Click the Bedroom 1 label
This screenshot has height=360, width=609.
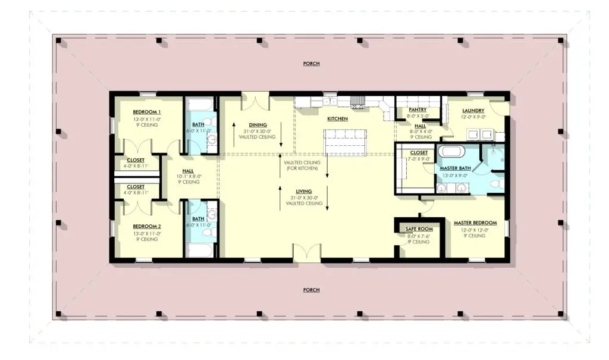point(146,112)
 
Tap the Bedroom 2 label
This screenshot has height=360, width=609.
point(147,226)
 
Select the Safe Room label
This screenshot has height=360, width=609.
point(419,229)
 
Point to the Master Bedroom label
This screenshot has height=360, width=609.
point(475,223)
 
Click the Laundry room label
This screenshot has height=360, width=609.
point(473,111)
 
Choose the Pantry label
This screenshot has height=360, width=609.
point(417,109)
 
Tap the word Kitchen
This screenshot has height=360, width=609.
point(337,118)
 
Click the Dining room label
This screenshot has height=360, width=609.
point(258,125)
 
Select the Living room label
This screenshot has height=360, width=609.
point(304,191)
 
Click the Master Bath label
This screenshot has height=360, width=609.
point(455,168)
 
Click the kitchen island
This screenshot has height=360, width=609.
point(346,142)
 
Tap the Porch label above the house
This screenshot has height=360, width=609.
point(311,63)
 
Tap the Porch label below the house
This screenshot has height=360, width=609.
point(311,290)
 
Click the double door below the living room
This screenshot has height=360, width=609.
point(306,251)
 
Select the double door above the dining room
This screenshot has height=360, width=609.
point(255,101)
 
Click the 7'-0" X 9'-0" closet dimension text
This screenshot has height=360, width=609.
point(419,159)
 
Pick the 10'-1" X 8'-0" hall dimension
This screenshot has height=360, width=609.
point(189,176)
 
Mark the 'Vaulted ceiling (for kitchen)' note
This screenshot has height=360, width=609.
point(302,165)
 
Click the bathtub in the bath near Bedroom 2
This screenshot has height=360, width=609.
point(199,251)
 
